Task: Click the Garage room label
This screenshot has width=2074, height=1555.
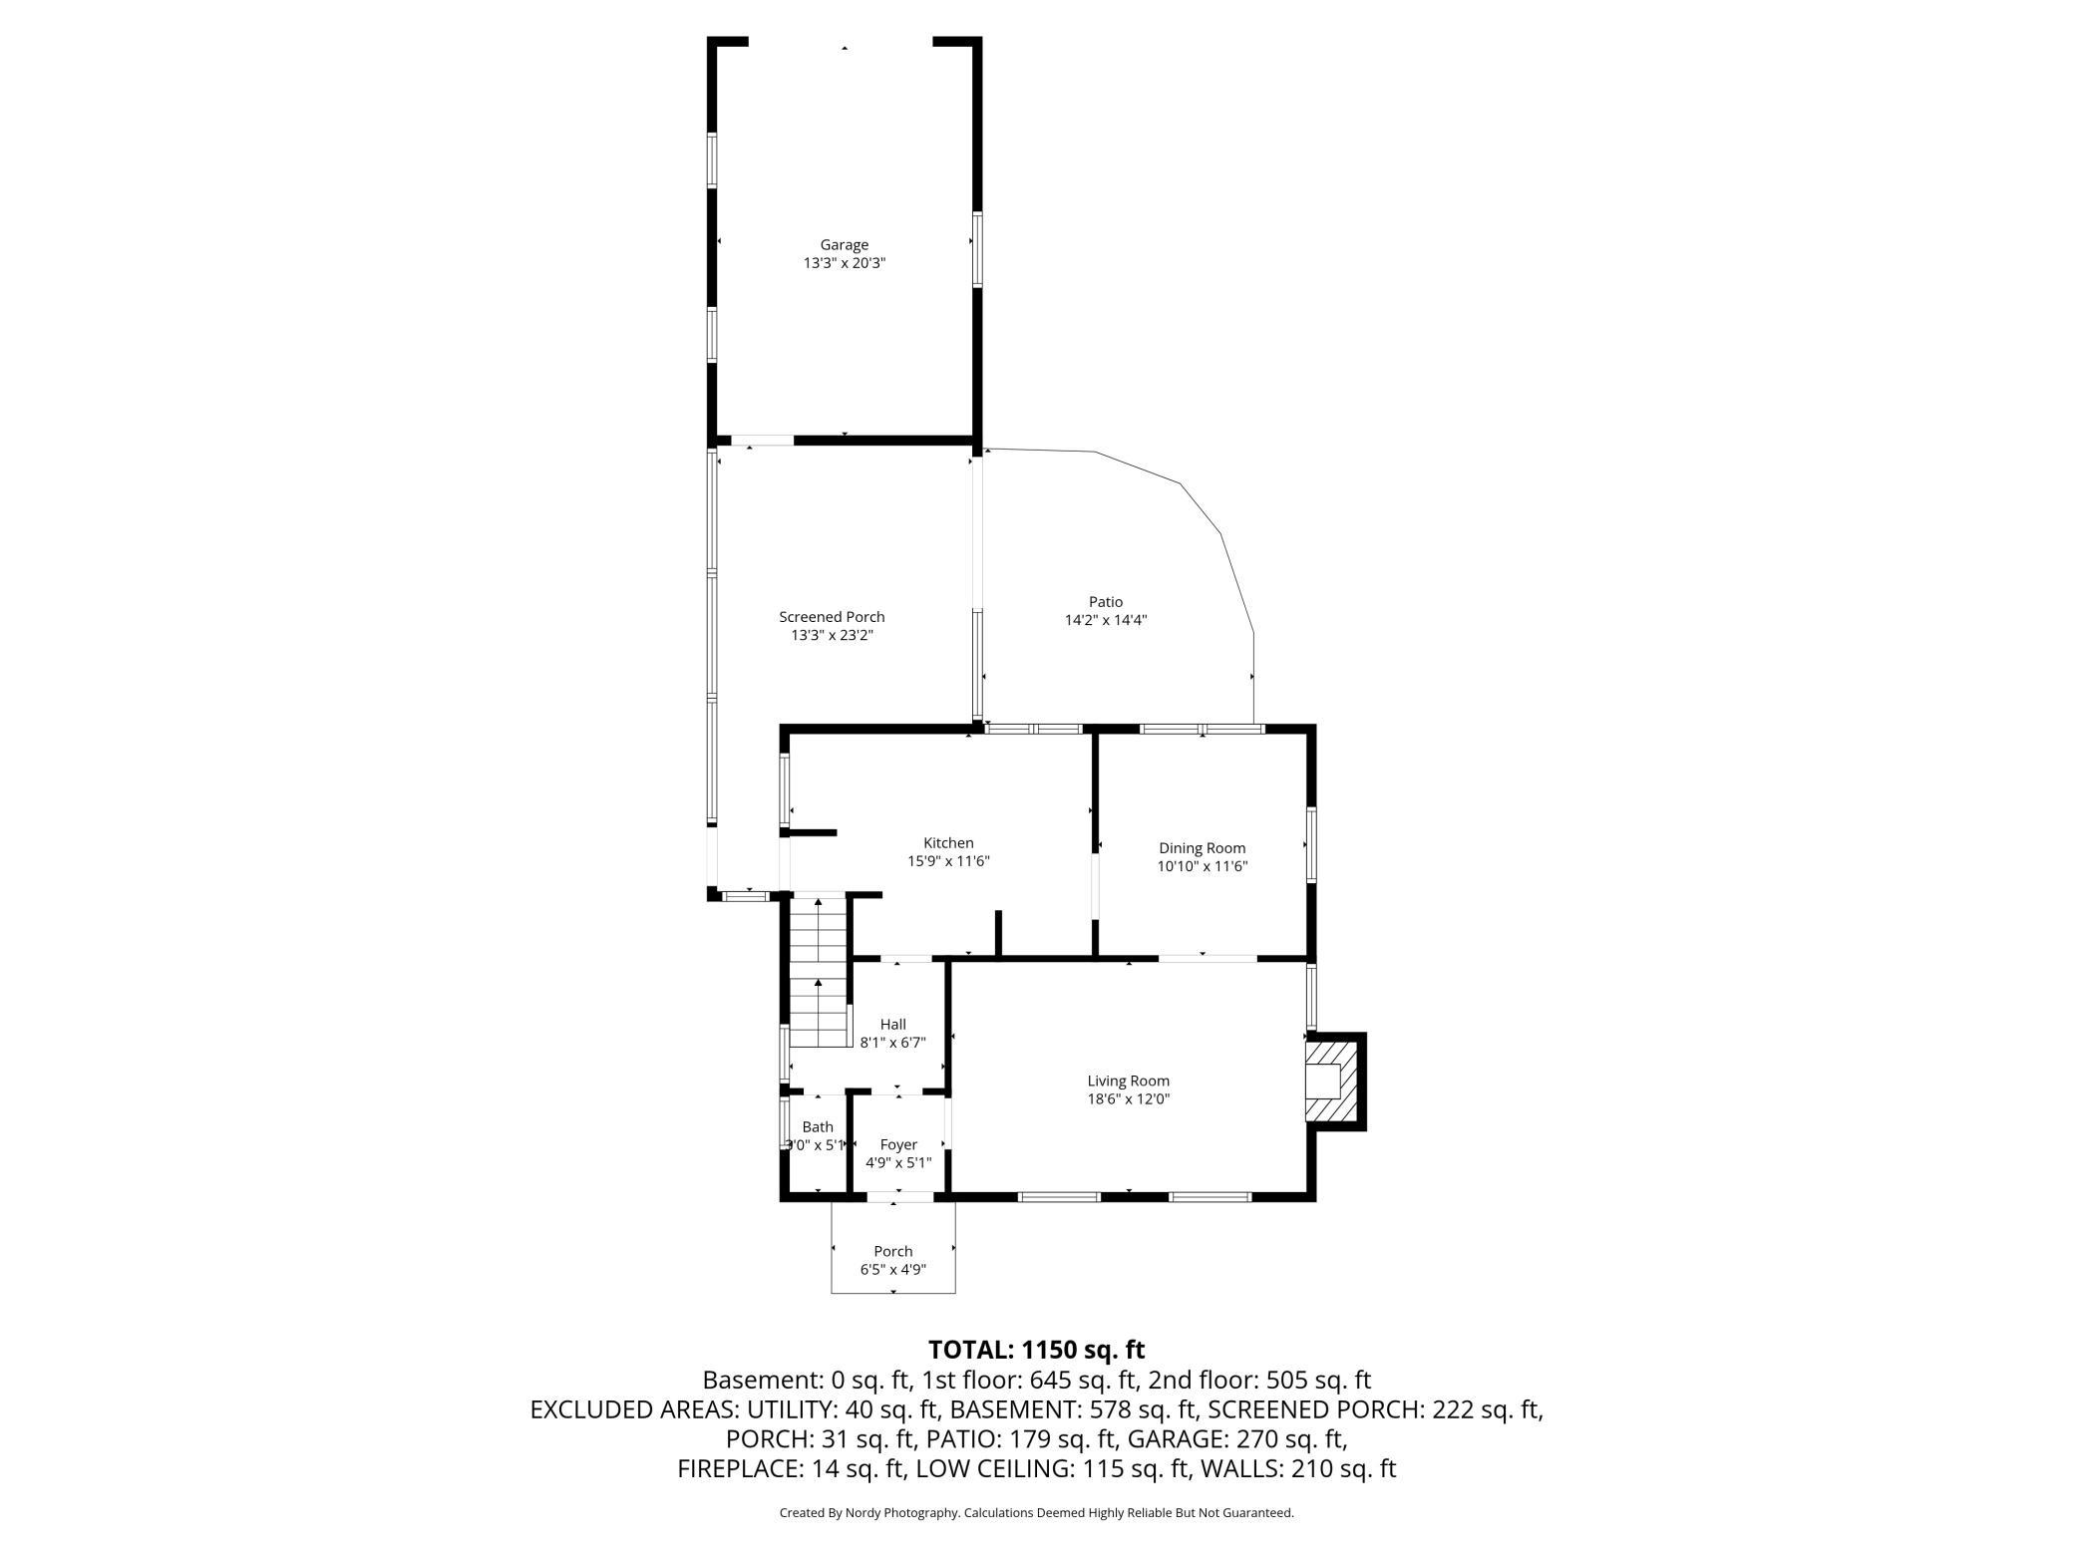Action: [845, 244]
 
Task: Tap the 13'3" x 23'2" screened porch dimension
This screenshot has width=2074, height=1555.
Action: [832, 635]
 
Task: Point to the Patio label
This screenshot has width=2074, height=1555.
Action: [1106, 602]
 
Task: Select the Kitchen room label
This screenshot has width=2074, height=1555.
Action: [948, 843]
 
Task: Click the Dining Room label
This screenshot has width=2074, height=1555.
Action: [1202, 848]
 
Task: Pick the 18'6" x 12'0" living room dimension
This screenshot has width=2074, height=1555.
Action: [1129, 1098]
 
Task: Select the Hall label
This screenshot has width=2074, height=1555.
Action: [893, 1025]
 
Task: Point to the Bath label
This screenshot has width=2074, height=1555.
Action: [818, 1127]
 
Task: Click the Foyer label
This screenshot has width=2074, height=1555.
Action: [898, 1144]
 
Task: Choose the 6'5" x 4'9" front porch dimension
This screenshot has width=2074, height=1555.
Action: [893, 1269]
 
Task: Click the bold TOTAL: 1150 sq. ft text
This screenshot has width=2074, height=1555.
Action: [1037, 1350]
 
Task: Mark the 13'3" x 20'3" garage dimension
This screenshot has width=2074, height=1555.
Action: [845, 263]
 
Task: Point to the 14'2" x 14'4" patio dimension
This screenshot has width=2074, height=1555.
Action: [1106, 620]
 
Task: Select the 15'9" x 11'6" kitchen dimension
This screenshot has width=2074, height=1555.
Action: [948, 861]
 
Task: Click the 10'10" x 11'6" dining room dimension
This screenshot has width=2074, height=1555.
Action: [1203, 866]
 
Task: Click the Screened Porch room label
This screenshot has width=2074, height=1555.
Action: [832, 617]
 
